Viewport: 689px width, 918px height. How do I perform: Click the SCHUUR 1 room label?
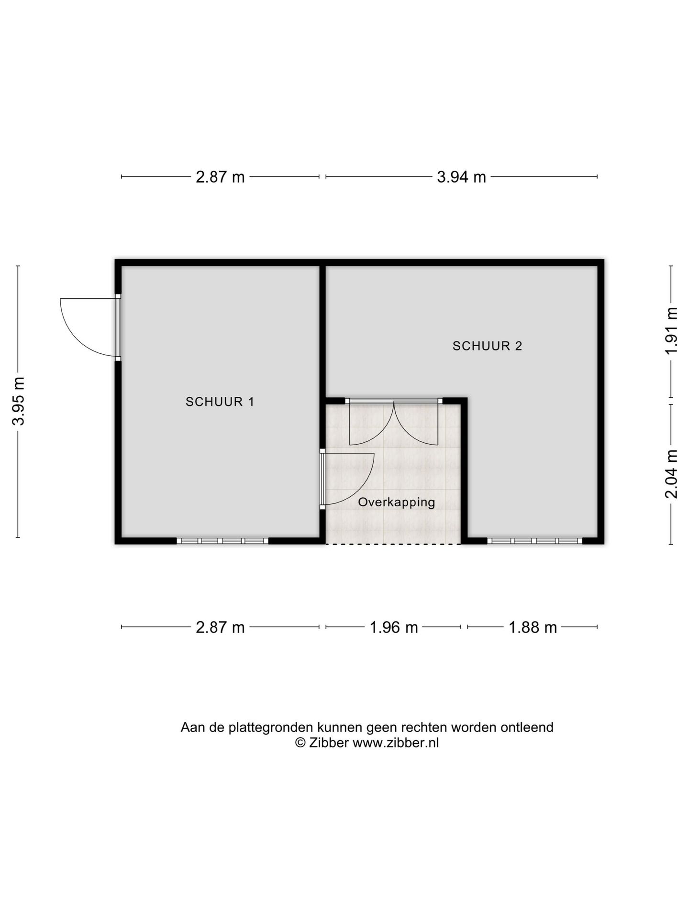220,402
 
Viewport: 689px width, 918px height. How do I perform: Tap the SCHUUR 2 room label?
487,346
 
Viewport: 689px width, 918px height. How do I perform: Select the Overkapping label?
396,502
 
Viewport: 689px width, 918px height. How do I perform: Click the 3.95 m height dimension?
19,401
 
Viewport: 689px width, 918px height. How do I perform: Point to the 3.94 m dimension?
461,177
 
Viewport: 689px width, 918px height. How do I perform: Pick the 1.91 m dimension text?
671,330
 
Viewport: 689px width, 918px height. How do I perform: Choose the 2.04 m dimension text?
671,474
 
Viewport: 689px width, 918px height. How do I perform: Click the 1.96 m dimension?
394,627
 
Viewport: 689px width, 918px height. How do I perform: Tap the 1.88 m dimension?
533,627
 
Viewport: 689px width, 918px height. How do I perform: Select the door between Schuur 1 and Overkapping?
346,479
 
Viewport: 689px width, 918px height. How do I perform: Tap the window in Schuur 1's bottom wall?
222,541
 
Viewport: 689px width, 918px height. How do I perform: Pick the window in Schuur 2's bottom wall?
535,541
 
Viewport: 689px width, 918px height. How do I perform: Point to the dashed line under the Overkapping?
393,544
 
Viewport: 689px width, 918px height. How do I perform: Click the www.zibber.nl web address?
396,743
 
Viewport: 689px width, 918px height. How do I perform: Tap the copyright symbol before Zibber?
300,743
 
